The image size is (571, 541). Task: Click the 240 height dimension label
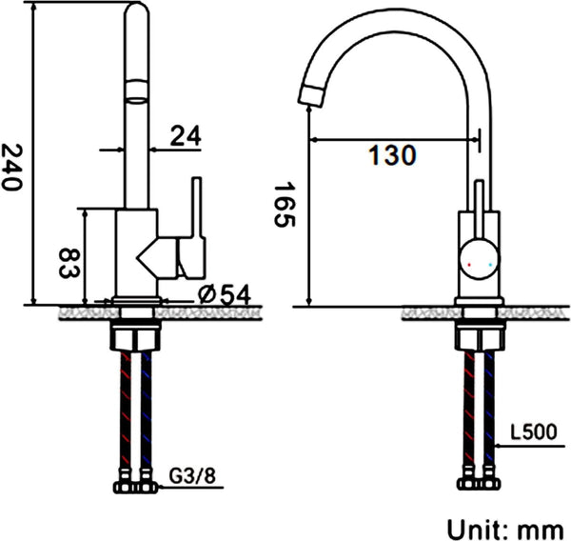coord(11,167)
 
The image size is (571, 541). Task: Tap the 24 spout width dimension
coord(186,136)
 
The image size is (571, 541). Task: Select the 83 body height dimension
coord(69,263)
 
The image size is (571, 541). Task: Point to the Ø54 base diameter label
coord(225,294)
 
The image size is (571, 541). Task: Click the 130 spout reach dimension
coord(392,155)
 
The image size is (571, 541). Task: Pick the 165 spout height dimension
coord(285,205)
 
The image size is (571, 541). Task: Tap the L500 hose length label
coord(533,432)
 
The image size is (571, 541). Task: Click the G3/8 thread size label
coord(192,475)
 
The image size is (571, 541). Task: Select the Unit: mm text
coord(505,529)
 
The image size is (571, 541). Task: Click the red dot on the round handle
coord(469,264)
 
